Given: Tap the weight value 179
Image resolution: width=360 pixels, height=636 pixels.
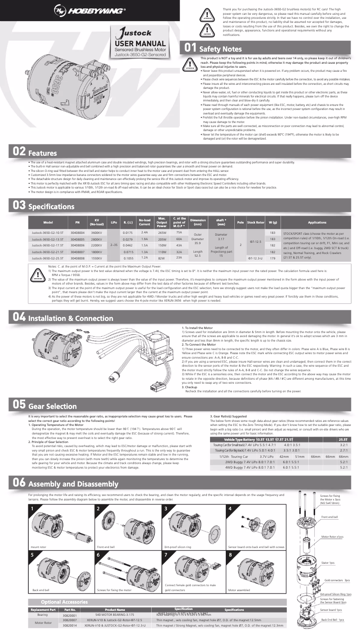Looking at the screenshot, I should pos(272,259).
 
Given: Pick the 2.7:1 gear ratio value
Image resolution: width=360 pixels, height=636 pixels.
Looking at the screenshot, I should pos(344,450).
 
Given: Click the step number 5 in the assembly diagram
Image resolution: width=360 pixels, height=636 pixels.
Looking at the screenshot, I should pos(33,555).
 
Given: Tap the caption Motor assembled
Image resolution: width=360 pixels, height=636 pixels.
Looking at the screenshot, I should pos(239,590).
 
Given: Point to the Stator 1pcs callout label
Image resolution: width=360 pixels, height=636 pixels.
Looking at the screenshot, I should pos(328,562).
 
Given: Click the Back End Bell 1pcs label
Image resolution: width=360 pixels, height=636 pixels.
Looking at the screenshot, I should pos(333,619).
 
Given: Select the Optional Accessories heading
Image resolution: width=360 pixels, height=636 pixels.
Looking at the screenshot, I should pos(64,601).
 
